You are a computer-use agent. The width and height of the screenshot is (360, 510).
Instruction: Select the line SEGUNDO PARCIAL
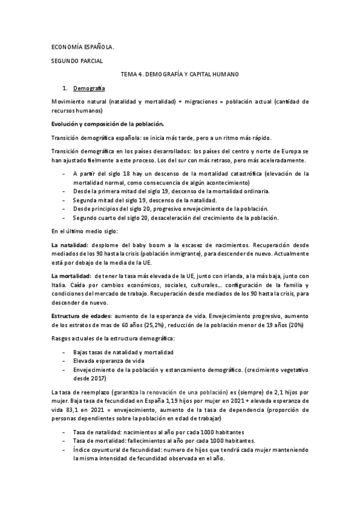click(x=77, y=61)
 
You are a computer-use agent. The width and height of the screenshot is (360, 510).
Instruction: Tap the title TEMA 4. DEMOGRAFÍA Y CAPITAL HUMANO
click(x=180, y=74)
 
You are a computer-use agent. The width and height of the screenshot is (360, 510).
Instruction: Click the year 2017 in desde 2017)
click(x=98, y=379)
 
